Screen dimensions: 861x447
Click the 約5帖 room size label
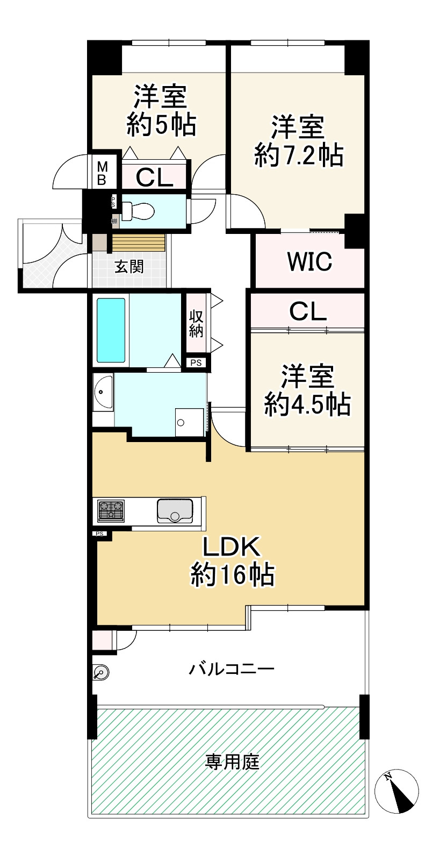point(161,125)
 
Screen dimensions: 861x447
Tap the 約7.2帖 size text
point(299,155)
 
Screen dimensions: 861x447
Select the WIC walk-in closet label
point(309,261)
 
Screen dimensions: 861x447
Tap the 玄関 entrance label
point(129,266)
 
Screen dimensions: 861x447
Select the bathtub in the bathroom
point(111,330)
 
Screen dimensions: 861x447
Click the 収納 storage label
point(196,324)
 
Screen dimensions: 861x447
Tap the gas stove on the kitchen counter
point(111,510)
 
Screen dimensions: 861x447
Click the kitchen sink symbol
point(175,510)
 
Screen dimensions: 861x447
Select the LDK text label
point(232,547)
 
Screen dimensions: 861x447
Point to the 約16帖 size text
point(232,575)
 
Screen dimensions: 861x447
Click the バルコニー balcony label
point(232,669)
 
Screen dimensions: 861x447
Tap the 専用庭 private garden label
point(232,762)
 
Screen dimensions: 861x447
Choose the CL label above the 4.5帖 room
point(307,311)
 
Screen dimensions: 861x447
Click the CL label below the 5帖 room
point(154,177)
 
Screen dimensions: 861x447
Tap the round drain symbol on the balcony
point(101,672)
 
